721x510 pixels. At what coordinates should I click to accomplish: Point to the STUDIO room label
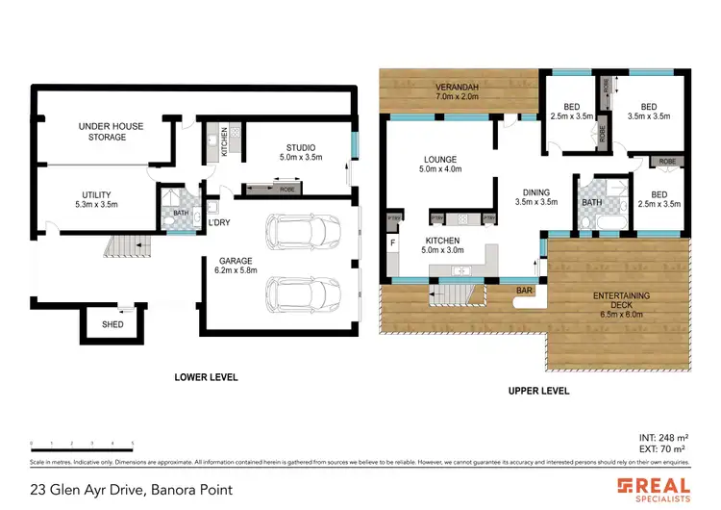(297, 152)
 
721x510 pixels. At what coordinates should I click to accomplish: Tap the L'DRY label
(219, 224)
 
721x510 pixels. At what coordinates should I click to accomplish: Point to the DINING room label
(535, 196)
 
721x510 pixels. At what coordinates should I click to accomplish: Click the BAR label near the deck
(524, 289)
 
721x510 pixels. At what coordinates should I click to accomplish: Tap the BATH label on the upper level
(591, 202)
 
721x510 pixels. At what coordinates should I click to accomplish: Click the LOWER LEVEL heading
(205, 377)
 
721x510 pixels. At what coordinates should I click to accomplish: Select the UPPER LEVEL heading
(537, 391)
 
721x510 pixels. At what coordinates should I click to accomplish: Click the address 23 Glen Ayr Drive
(131, 489)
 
